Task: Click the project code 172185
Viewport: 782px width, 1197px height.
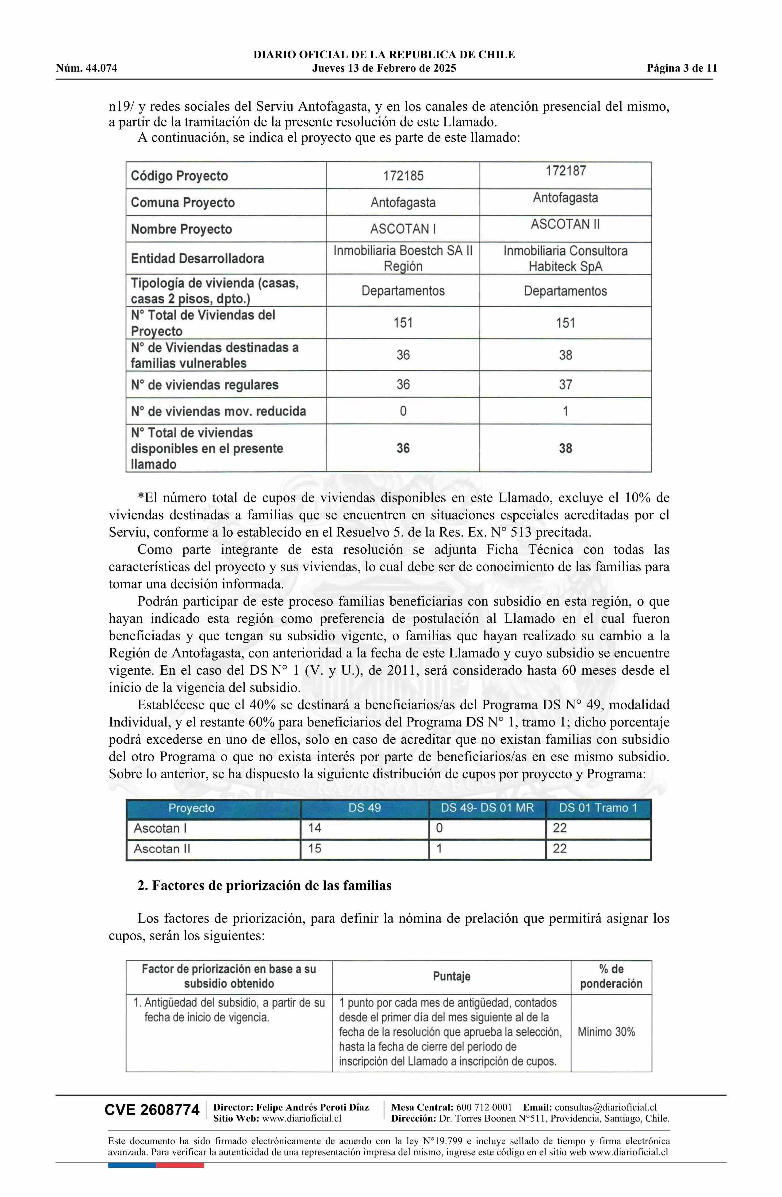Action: pos(403,176)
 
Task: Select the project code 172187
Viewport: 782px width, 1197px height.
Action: pos(565,171)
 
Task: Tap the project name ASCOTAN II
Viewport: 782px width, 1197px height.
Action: pos(565,224)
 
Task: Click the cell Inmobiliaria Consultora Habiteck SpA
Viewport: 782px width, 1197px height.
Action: pos(565,258)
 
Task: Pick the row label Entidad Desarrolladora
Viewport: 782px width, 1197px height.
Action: pos(197,258)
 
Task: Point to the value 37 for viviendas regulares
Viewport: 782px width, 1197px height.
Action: pos(565,385)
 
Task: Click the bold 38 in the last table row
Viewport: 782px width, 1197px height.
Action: pos(565,448)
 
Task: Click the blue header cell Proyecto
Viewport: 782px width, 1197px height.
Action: pos(191,808)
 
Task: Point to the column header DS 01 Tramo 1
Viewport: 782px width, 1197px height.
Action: pos(598,808)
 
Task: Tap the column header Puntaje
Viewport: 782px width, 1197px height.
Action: pos(451,977)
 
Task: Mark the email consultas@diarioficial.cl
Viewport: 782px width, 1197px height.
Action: pos(606,1107)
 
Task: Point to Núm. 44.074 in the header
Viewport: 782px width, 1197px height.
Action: pos(86,68)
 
